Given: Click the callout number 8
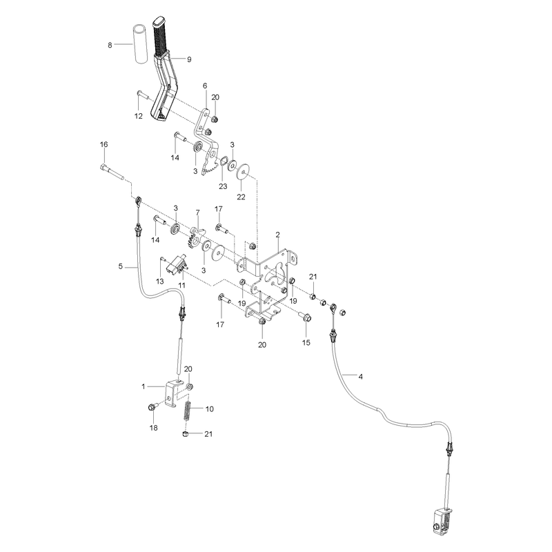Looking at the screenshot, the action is pyautogui.click(x=110, y=45).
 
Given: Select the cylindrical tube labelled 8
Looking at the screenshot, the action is pyautogui.click(x=140, y=44).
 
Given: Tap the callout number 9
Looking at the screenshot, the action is pyautogui.click(x=189, y=59).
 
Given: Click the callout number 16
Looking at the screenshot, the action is pyautogui.click(x=104, y=144).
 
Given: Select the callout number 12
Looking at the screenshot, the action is pyautogui.click(x=139, y=116).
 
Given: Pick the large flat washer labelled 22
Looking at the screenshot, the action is pyautogui.click(x=243, y=171).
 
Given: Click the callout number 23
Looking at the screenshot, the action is pyautogui.click(x=223, y=186).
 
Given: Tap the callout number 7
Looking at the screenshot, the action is pyautogui.click(x=197, y=213).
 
